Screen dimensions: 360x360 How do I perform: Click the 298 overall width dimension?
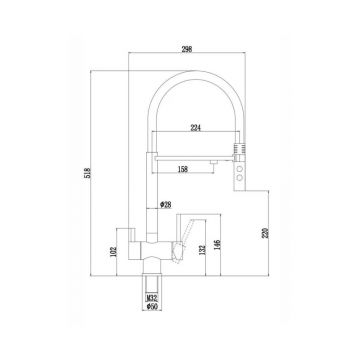pos(187,49)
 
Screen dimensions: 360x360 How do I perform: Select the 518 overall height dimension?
pos(88,173)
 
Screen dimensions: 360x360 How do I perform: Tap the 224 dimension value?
pos(196,128)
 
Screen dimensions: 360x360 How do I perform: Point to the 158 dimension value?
pos(183,169)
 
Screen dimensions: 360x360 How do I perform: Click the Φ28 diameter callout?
pos(166,205)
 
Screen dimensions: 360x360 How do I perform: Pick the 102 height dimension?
pos(114,251)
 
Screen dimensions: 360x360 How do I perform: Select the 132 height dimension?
pos(202,250)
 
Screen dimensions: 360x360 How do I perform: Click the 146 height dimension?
pos(217,246)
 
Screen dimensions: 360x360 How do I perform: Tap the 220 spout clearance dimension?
pos(266,232)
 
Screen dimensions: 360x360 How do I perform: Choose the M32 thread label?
pos(152,298)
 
